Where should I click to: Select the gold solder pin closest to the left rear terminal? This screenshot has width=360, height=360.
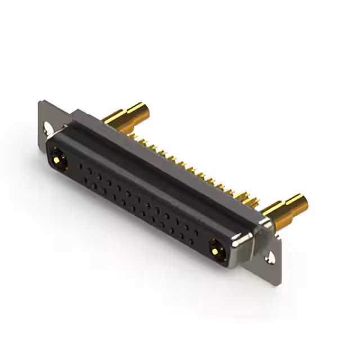point(134,135)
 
